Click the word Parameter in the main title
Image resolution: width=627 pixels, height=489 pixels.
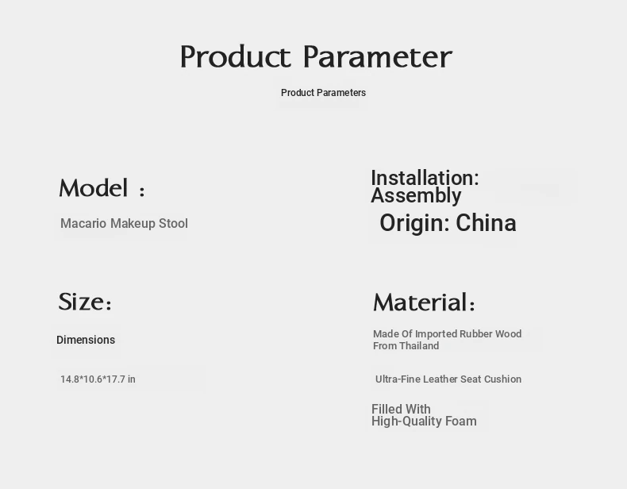tap(378, 57)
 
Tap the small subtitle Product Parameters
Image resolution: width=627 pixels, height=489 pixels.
tap(323, 93)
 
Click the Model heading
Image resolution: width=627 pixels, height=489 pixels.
tap(102, 188)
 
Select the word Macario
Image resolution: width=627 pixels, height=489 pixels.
tap(83, 223)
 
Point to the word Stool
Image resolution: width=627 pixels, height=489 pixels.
tap(173, 223)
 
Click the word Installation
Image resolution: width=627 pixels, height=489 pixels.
tap(425, 178)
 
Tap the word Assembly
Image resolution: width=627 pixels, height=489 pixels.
tap(416, 196)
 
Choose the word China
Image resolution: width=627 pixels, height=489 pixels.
tap(486, 223)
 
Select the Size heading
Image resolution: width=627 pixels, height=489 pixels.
tap(85, 302)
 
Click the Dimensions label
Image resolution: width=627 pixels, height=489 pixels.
tap(86, 340)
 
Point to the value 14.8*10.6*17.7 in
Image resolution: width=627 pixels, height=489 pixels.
tap(98, 379)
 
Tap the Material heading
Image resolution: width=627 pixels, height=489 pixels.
tap(424, 302)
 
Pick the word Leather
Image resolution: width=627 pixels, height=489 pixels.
tap(440, 379)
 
